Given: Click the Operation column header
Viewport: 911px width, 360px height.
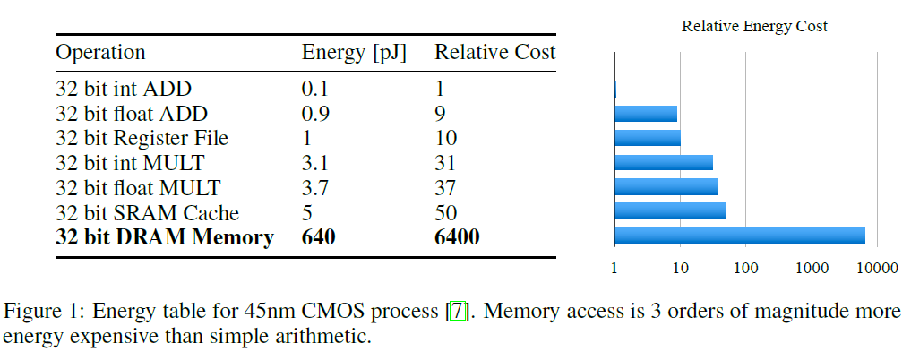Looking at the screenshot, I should (x=100, y=52).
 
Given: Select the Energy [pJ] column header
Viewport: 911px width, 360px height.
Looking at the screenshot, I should (x=354, y=53).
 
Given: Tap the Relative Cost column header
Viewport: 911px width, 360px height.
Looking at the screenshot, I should (x=494, y=52).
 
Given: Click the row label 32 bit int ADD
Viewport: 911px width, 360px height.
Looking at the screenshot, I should (x=124, y=89).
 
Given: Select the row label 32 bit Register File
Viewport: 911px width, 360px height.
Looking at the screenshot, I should (x=142, y=138).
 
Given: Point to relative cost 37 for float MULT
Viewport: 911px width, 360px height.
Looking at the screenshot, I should (x=445, y=188).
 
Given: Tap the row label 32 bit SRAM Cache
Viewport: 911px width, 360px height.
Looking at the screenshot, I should (x=147, y=213).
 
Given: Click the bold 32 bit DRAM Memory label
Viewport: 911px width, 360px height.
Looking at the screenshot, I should (x=165, y=237).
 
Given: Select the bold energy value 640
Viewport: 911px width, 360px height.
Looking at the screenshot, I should (x=320, y=237).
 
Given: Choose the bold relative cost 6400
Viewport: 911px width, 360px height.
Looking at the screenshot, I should (x=457, y=237).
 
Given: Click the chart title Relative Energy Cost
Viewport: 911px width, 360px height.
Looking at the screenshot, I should (x=754, y=27).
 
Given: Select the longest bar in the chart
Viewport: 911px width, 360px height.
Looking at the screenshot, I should (x=739, y=236).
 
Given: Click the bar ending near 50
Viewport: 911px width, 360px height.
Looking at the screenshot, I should (x=670, y=211).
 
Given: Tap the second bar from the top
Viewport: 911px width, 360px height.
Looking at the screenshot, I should (x=646, y=114).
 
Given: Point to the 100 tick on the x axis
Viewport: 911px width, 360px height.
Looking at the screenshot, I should (x=745, y=268).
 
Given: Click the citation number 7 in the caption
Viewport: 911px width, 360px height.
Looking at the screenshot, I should (x=458, y=313).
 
